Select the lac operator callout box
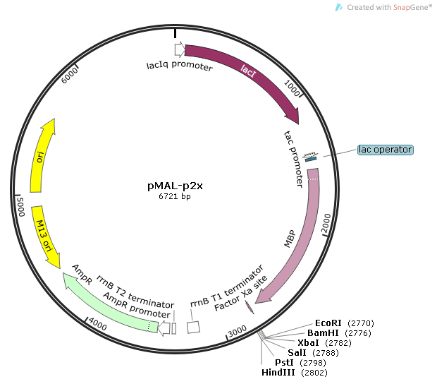pos(385,150)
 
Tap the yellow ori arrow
pos(42,155)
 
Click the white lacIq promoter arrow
pos(179,49)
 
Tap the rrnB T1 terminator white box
pos(193,328)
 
